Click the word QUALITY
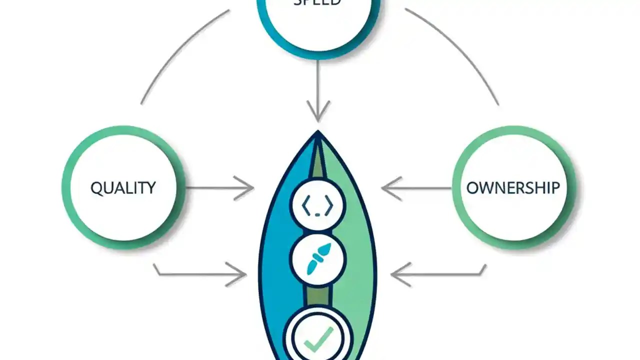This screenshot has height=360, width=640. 123,188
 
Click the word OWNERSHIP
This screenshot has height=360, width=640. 513,188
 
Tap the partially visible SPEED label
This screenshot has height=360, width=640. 317,2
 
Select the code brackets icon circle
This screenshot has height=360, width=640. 317,204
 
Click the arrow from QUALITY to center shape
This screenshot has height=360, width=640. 220,188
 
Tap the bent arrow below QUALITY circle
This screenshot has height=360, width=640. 200,274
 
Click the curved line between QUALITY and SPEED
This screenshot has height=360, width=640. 175,50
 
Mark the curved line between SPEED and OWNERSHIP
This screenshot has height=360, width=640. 460,50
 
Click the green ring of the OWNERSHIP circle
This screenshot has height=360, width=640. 456,188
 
